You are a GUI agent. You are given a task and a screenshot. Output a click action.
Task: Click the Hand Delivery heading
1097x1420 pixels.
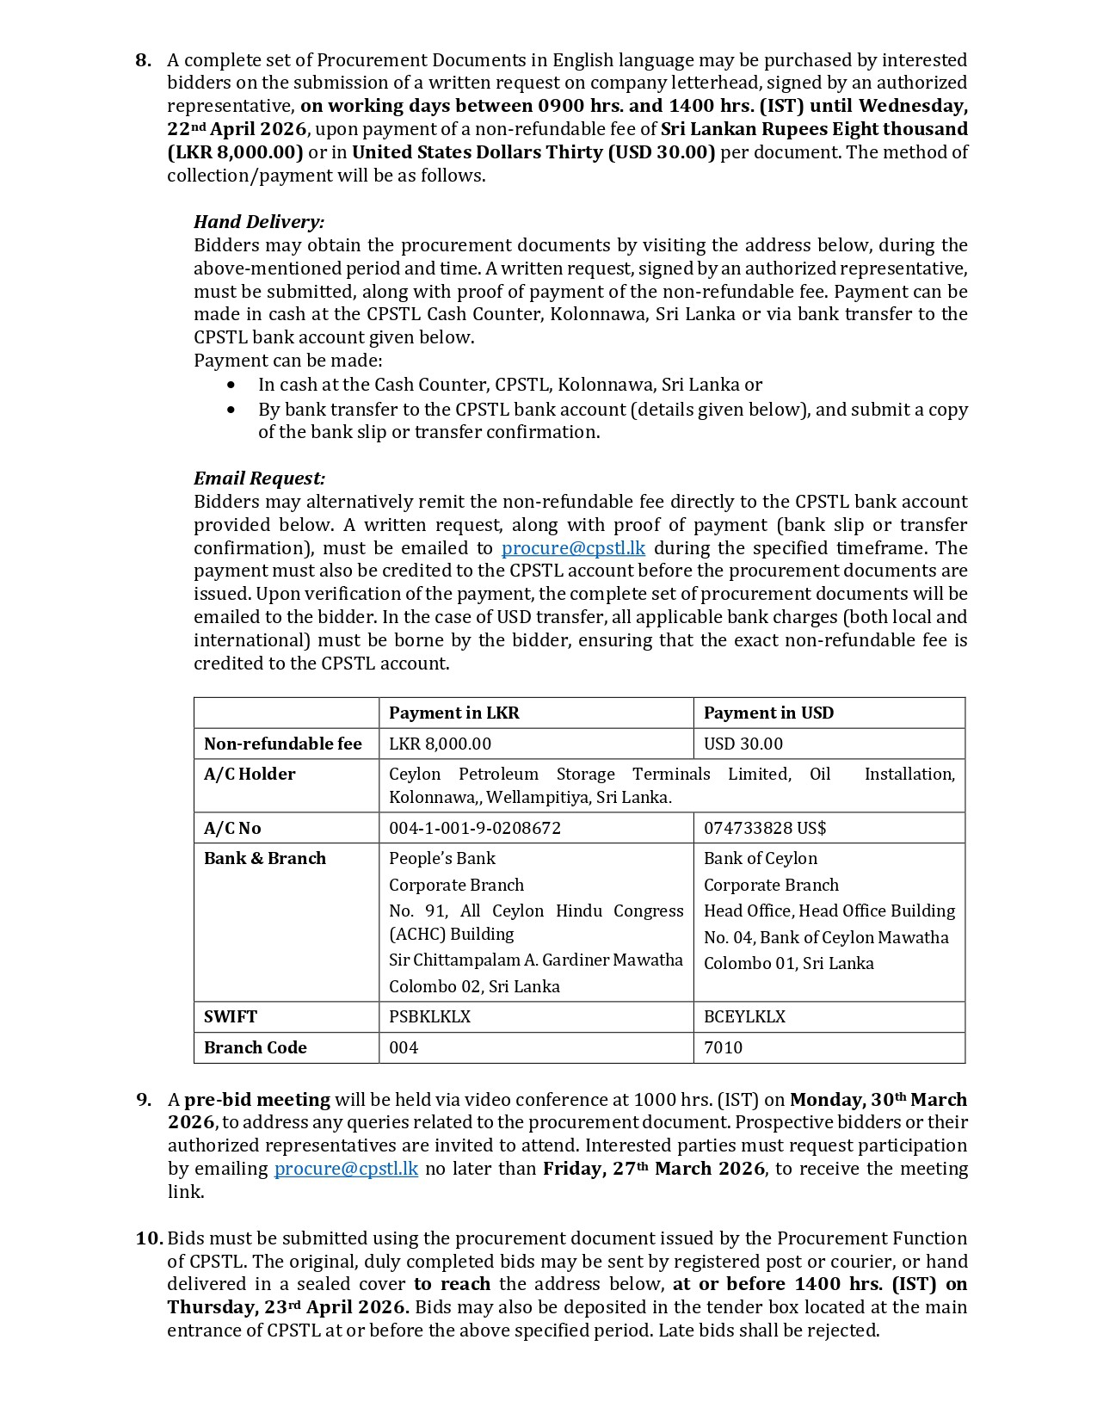click(258, 222)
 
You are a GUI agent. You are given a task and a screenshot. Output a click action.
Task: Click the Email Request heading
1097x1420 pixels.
click(259, 478)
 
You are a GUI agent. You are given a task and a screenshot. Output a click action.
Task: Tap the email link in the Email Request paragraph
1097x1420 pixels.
click(573, 548)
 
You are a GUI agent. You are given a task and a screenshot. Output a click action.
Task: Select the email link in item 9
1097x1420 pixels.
click(346, 1169)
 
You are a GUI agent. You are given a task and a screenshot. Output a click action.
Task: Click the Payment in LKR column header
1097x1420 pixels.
click(453, 713)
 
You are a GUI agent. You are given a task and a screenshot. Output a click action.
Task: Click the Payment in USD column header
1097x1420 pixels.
click(768, 713)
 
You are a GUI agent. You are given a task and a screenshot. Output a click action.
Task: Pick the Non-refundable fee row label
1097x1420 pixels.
click(282, 744)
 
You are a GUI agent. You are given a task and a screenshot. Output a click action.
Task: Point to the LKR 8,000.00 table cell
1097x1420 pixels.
click(440, 744)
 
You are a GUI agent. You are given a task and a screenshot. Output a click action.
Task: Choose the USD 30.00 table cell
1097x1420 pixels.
click(743, 744)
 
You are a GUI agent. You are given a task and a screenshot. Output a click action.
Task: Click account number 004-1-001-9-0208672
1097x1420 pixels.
click(474, 828)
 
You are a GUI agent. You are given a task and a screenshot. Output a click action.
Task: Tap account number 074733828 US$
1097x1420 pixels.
click(764, 828)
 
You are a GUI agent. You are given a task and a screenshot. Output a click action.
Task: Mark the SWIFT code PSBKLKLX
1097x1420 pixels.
click(429, 1016)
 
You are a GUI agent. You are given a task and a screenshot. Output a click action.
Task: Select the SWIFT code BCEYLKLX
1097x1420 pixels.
click(744, 1016)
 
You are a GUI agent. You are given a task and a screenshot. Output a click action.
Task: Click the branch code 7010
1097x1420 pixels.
click(723, 1047)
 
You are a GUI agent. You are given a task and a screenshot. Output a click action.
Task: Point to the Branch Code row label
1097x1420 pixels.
click(255, 1047)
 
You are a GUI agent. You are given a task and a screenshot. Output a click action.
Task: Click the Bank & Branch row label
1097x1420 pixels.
click(264, 858)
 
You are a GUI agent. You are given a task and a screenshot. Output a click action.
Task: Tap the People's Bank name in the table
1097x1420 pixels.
click(441, 858)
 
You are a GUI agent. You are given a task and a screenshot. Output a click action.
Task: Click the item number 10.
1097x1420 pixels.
click(149, 1238)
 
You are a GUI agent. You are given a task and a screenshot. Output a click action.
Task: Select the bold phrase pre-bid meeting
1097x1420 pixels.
click(256, 1100)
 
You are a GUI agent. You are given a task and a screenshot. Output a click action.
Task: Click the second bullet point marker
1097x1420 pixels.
click(231, 410)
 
